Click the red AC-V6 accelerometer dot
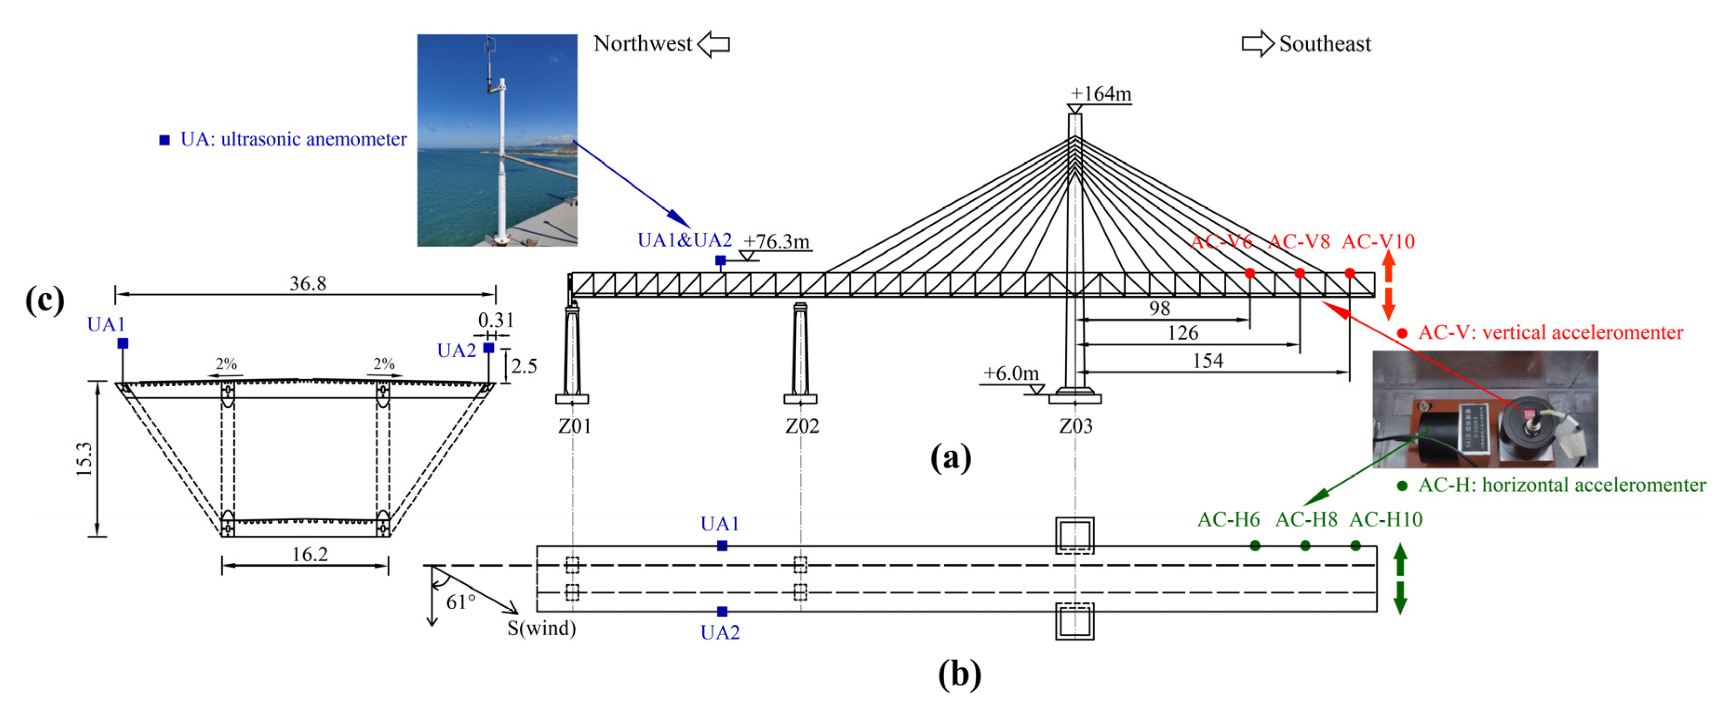coord(1250,273)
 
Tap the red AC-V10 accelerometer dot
coord(1350,273)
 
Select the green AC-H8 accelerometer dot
coord(1304,546)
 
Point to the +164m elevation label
coord(1101,94)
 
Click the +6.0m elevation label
coord(1011,373)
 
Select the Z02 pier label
coord(802,426)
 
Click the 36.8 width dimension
coord(308,283)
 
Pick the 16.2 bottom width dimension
coord(310,554)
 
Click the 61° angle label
coord(461,601)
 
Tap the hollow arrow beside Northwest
coord(713,44)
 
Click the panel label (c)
coord(45,300)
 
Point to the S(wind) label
coord(542,629)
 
